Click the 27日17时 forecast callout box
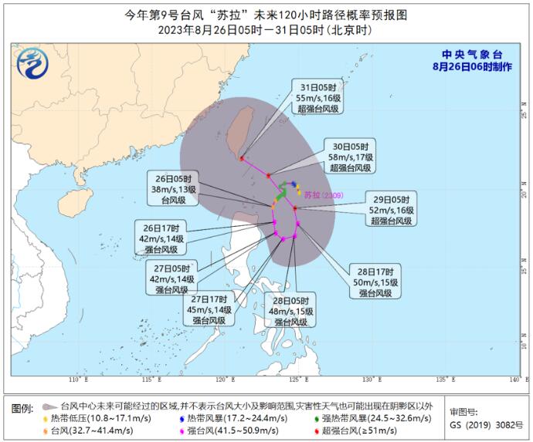[209, 309]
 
